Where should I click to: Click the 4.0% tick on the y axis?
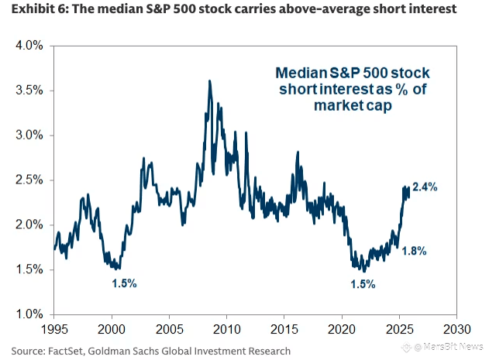(x=29, y=46)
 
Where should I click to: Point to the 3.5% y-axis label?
(x=29, y=91)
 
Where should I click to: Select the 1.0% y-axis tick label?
(x=29, y=314)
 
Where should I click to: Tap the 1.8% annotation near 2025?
(x=414, y=252)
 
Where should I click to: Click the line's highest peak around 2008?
(x=209, y=81)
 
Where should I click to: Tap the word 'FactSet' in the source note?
(x=67, y=351)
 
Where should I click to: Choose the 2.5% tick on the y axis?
(x=29, y=180)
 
